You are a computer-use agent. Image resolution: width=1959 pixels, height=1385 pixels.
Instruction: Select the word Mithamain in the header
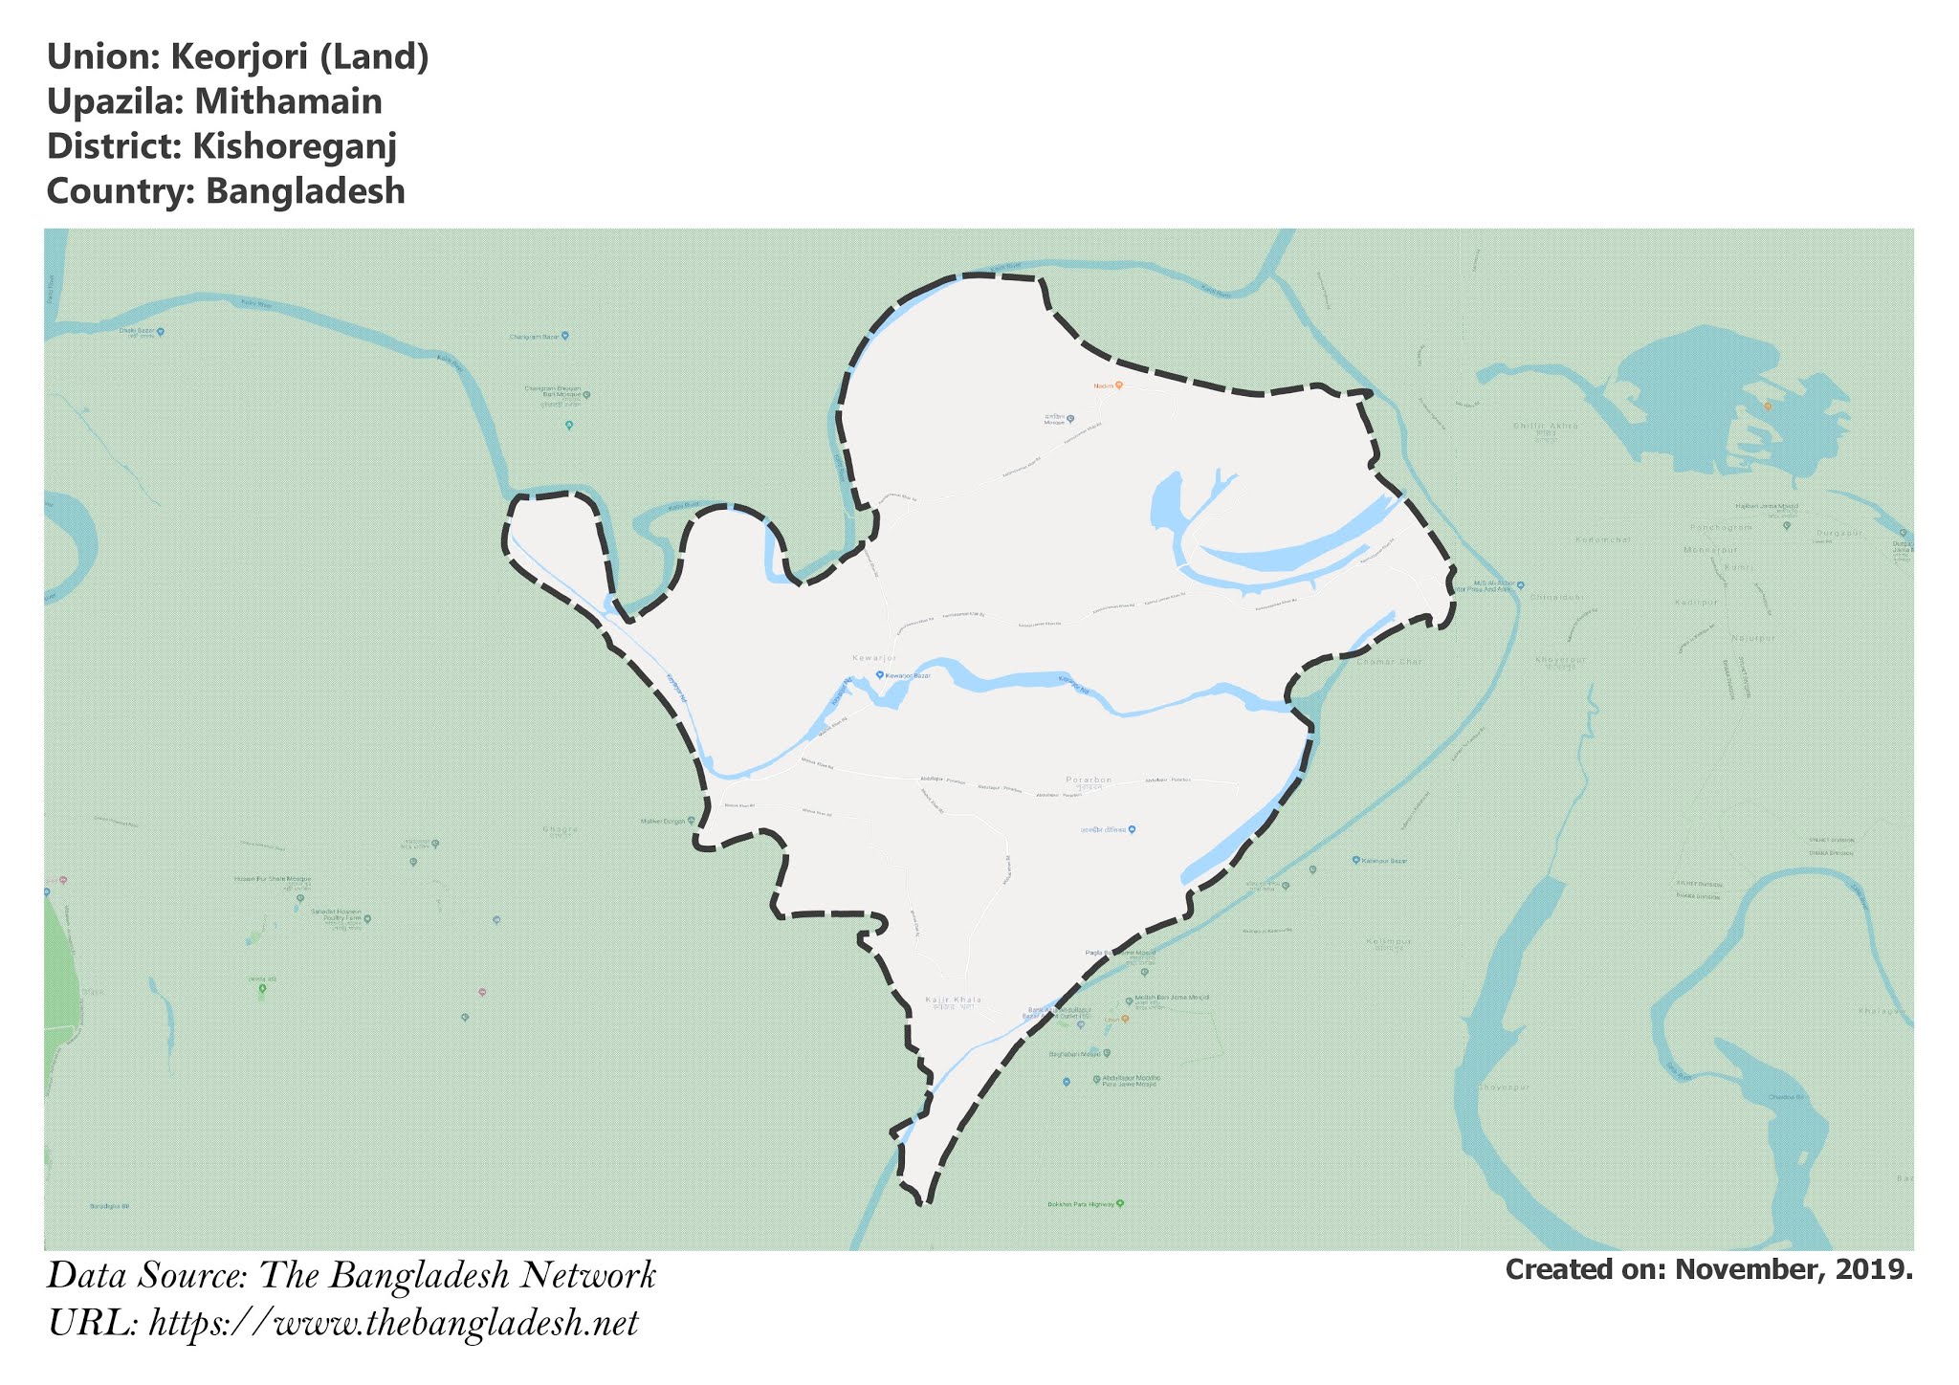click(x=288, y=101)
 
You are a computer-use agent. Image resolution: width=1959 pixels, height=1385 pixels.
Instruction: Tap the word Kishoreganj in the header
click(x=294, y=146)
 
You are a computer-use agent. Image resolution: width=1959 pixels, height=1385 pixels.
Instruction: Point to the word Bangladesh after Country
click(x=305, y=191)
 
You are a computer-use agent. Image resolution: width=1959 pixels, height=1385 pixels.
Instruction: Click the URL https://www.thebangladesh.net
click(x=393, y=1323)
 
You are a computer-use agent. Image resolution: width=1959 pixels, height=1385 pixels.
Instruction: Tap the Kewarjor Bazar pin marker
click(x=880, y=675)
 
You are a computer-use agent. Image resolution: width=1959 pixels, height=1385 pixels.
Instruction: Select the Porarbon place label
click(x=1089, y=780)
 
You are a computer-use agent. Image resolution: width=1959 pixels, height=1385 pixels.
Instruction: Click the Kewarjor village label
click(x=874, y=659)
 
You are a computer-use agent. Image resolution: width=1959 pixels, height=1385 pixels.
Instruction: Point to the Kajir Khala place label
click(x=953, y=1000)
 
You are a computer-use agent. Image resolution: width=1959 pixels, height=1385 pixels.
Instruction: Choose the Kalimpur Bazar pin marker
click(x=1356, y=861)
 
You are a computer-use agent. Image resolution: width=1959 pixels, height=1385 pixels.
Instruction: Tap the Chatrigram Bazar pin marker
click(x=565, y=336)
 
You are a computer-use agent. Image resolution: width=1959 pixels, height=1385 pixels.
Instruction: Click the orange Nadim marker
click(x=1118, y=385)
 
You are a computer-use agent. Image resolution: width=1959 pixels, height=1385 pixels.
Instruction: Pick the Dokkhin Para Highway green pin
click(x=1120, y=1203)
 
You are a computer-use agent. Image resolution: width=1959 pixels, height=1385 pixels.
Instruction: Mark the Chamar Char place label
click(x=1389, y=661)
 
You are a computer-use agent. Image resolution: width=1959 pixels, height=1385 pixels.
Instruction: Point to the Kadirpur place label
click(x=1697, y=603)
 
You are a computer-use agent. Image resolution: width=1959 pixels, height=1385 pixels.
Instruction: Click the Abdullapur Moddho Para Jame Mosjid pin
click(x=1096, y=1080)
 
